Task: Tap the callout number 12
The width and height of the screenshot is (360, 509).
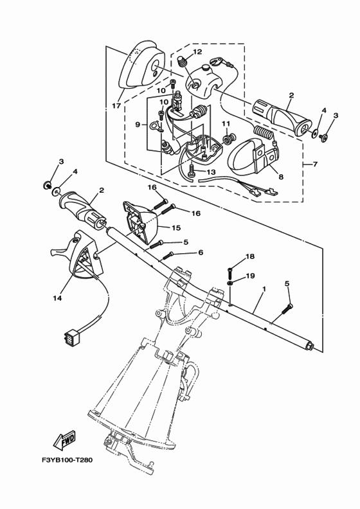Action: pyautogui.click(x=197, y=52)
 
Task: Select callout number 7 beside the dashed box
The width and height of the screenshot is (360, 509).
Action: pyautogui.click(x=315, y=165)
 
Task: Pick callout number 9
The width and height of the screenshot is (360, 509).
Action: pyautogui.click(x=138, y=125)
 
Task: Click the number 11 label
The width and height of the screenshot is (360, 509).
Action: pyautogui.click(x=226, y=123)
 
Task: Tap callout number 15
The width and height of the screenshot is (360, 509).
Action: pyautogui.click(x=175, y=228)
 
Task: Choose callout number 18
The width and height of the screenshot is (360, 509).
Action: pyautogui.click(x=250, y=256)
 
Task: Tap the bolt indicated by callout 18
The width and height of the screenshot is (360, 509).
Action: pyautogui.click(x=230, y=269)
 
